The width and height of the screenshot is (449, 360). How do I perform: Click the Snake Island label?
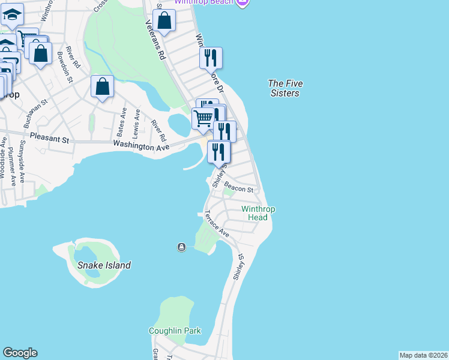103,265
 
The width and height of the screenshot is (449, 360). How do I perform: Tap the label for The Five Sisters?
285,88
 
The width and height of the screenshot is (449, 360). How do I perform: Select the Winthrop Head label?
258,213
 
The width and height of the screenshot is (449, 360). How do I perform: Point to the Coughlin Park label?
175,331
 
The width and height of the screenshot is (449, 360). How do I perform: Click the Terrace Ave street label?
216,223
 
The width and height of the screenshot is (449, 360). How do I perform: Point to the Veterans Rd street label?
155,40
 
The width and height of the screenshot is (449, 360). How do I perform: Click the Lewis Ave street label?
137,122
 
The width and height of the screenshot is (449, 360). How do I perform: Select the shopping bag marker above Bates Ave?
103,86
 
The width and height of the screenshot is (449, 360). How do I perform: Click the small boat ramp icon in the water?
181,247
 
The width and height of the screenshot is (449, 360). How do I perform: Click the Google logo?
20,353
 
